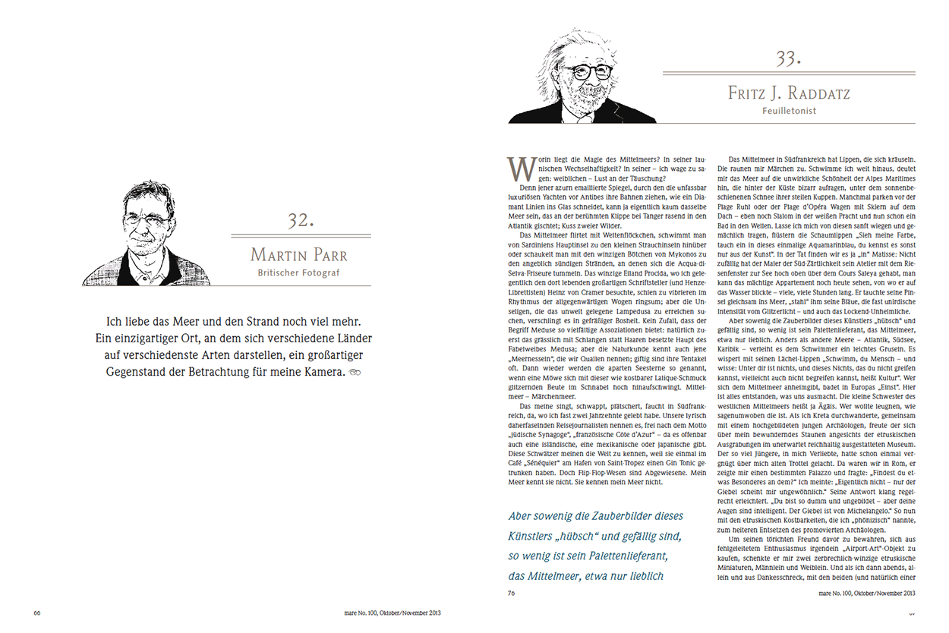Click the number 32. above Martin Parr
click(x=301, y=221)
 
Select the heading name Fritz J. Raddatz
click(x=789, y=93)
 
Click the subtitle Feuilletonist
click(x=790, y=111)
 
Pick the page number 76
click(x=512, y=595)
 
